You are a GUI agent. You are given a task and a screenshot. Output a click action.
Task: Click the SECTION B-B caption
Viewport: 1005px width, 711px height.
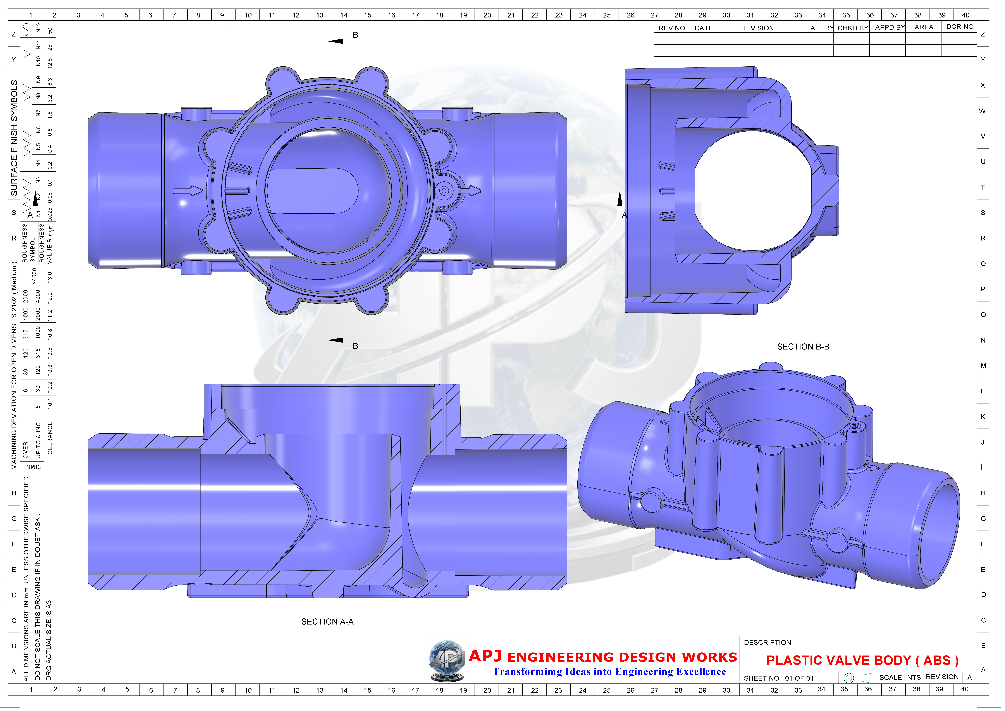tap(803, 347)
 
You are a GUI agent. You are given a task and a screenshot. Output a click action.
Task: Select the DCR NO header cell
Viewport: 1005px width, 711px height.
tap(959, 27)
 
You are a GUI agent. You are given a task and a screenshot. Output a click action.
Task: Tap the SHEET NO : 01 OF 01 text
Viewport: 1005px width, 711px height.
tap(778, 678)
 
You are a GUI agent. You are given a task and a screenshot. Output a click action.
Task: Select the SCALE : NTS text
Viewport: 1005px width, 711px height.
tap(900, 677)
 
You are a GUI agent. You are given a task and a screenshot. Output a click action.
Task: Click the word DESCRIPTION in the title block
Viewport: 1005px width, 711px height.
tap(767, 642)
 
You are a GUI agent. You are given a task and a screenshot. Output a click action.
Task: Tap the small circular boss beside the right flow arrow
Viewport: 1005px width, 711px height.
tap(444, 190)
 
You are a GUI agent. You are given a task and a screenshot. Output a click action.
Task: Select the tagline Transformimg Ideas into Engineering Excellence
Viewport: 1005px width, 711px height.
tap(609, 672)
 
